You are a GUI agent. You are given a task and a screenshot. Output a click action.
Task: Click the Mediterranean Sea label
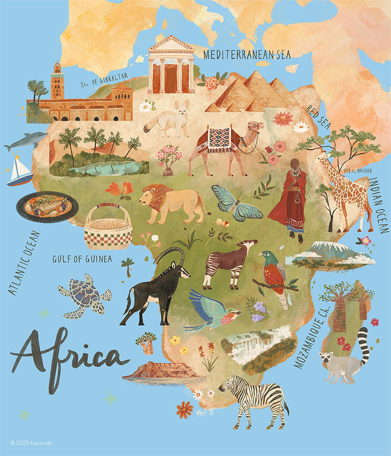[x=247, y=55]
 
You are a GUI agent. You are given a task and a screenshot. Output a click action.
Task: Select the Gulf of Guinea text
[x=82, y=259]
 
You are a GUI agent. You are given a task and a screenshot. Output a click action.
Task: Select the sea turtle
[x=85, y=294]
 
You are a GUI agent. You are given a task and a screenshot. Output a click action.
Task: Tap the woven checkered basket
[x=108, y=227]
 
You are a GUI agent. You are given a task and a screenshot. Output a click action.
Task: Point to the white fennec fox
[x=167, y=118]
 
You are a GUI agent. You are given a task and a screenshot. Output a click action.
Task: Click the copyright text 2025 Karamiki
[x=31, y=443]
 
